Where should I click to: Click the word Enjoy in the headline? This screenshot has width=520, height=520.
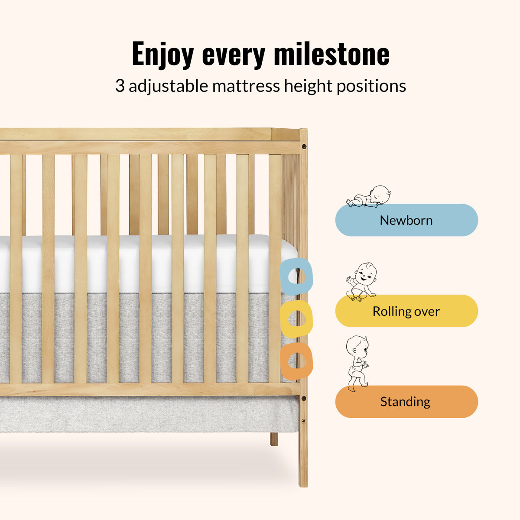tap(163, 55)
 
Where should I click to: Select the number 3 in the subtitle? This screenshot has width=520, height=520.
tap(120, 86)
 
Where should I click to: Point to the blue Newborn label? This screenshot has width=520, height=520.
tap(406, 220)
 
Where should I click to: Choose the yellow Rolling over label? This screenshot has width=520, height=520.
tap(406, 311)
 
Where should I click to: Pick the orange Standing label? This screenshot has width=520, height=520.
tap(406, 402)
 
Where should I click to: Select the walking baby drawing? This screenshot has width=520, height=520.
tap(357, 364)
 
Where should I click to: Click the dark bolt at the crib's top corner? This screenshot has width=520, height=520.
tap(304, 147)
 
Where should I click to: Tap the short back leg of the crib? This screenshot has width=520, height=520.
tap(274, 439)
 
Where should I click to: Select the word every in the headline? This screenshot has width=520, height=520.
tap(234, 56)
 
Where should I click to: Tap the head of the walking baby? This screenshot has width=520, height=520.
tap(357, 347)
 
